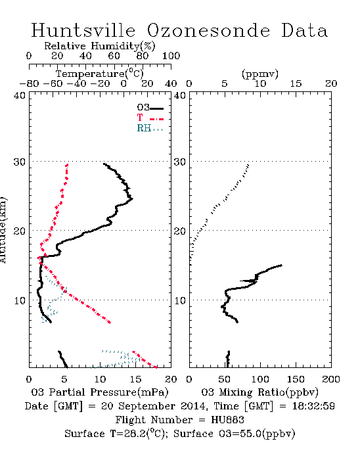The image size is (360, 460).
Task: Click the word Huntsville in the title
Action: [x=83, y=30]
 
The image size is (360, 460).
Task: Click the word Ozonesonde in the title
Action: [x=208, y=30]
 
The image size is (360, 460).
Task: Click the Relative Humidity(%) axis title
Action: [x=100, y=46]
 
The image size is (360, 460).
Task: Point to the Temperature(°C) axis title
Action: [x=100, y=74]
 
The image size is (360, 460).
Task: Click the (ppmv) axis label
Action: [x=259, y=74]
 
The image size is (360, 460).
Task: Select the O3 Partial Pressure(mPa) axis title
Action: [x=100, y=392]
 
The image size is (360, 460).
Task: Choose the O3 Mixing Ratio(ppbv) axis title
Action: [x=259, y=392]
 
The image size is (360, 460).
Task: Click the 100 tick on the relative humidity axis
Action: [x=171, y=56]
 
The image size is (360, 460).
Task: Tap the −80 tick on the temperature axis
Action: [x=29, y=83]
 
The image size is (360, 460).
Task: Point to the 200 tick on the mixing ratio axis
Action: [x=331, y=379]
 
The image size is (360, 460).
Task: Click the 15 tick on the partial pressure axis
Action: [x=135, y=379]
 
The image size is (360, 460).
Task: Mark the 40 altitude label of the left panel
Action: [x=20, y=95]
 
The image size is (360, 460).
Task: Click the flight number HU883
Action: [x=227, y=420]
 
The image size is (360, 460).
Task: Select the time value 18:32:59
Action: [x=313, y=406]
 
